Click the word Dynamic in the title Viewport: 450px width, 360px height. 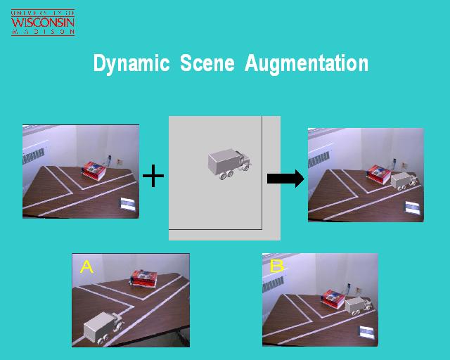131,64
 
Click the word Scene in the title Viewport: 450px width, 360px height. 207,63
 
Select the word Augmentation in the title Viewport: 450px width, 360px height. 307,64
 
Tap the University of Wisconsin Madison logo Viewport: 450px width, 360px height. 43,22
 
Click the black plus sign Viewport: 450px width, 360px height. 153,176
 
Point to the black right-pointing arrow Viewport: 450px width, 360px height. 285,179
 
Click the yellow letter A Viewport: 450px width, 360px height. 86,266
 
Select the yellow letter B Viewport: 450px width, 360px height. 276,266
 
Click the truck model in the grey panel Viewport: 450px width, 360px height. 230,165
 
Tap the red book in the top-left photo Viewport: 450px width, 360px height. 94,171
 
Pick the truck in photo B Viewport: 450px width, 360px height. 359,307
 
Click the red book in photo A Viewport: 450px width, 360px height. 144,278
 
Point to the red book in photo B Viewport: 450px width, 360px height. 333,299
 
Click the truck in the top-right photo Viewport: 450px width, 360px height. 404,181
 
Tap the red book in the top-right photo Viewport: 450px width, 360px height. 379,174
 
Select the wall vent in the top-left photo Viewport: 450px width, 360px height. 34,156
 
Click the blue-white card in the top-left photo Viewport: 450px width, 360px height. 128,204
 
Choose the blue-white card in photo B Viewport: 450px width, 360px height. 367,332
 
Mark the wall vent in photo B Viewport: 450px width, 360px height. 274,284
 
